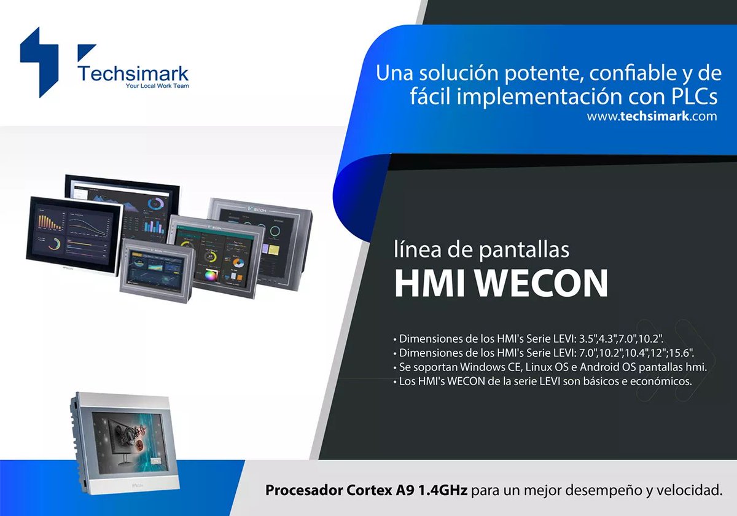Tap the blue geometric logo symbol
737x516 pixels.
39,61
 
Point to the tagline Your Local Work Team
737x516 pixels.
157,87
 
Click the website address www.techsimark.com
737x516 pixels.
652,115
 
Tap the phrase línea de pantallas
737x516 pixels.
482,250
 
